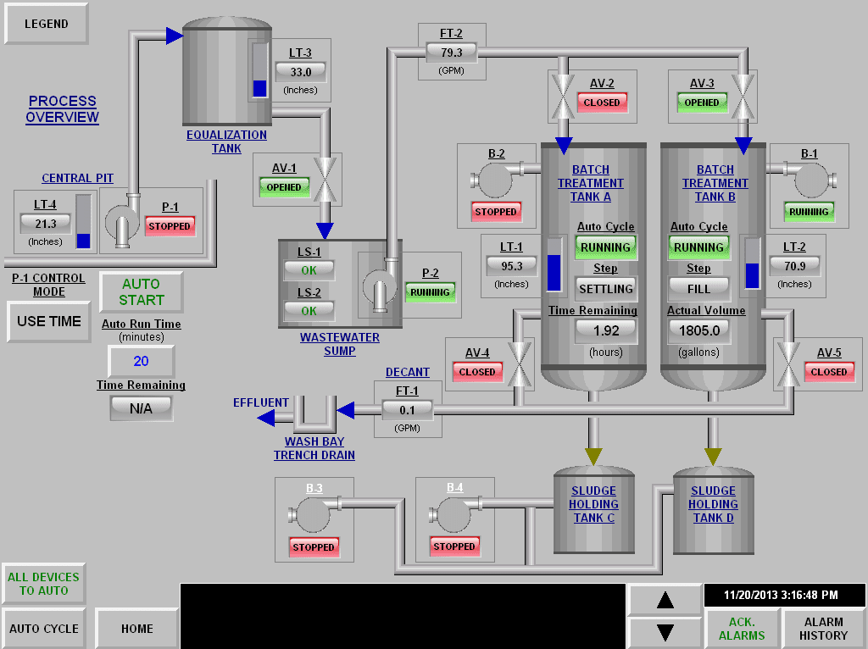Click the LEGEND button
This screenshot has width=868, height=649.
point(47,24)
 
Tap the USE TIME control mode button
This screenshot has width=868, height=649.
point(48,321)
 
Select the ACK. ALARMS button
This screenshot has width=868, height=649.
point(742,629)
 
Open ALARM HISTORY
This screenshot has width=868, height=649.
point(823,629)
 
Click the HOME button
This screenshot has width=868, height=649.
point(136,629)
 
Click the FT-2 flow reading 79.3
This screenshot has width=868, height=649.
point(451,53)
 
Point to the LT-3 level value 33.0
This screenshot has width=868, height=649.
point(301,72)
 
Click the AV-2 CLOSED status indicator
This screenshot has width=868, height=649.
point(602,103)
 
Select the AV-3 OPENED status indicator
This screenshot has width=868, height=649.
point(701,103)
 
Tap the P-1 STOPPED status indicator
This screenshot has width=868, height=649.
point(170,226)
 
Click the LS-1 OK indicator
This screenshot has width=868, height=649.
point(309,270)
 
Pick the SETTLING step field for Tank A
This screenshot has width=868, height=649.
point(606,289)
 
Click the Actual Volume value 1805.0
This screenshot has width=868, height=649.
point(699,331)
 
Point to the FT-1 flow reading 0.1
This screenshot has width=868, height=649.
point(407,410)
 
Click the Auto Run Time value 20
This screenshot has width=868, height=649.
point(142,361)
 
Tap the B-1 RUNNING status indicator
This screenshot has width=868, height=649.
point(809,212)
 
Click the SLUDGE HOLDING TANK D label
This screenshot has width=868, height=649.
point(713,504)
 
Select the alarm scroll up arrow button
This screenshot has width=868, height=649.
point(665,600)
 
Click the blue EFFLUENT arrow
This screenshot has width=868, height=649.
point(266,418)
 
